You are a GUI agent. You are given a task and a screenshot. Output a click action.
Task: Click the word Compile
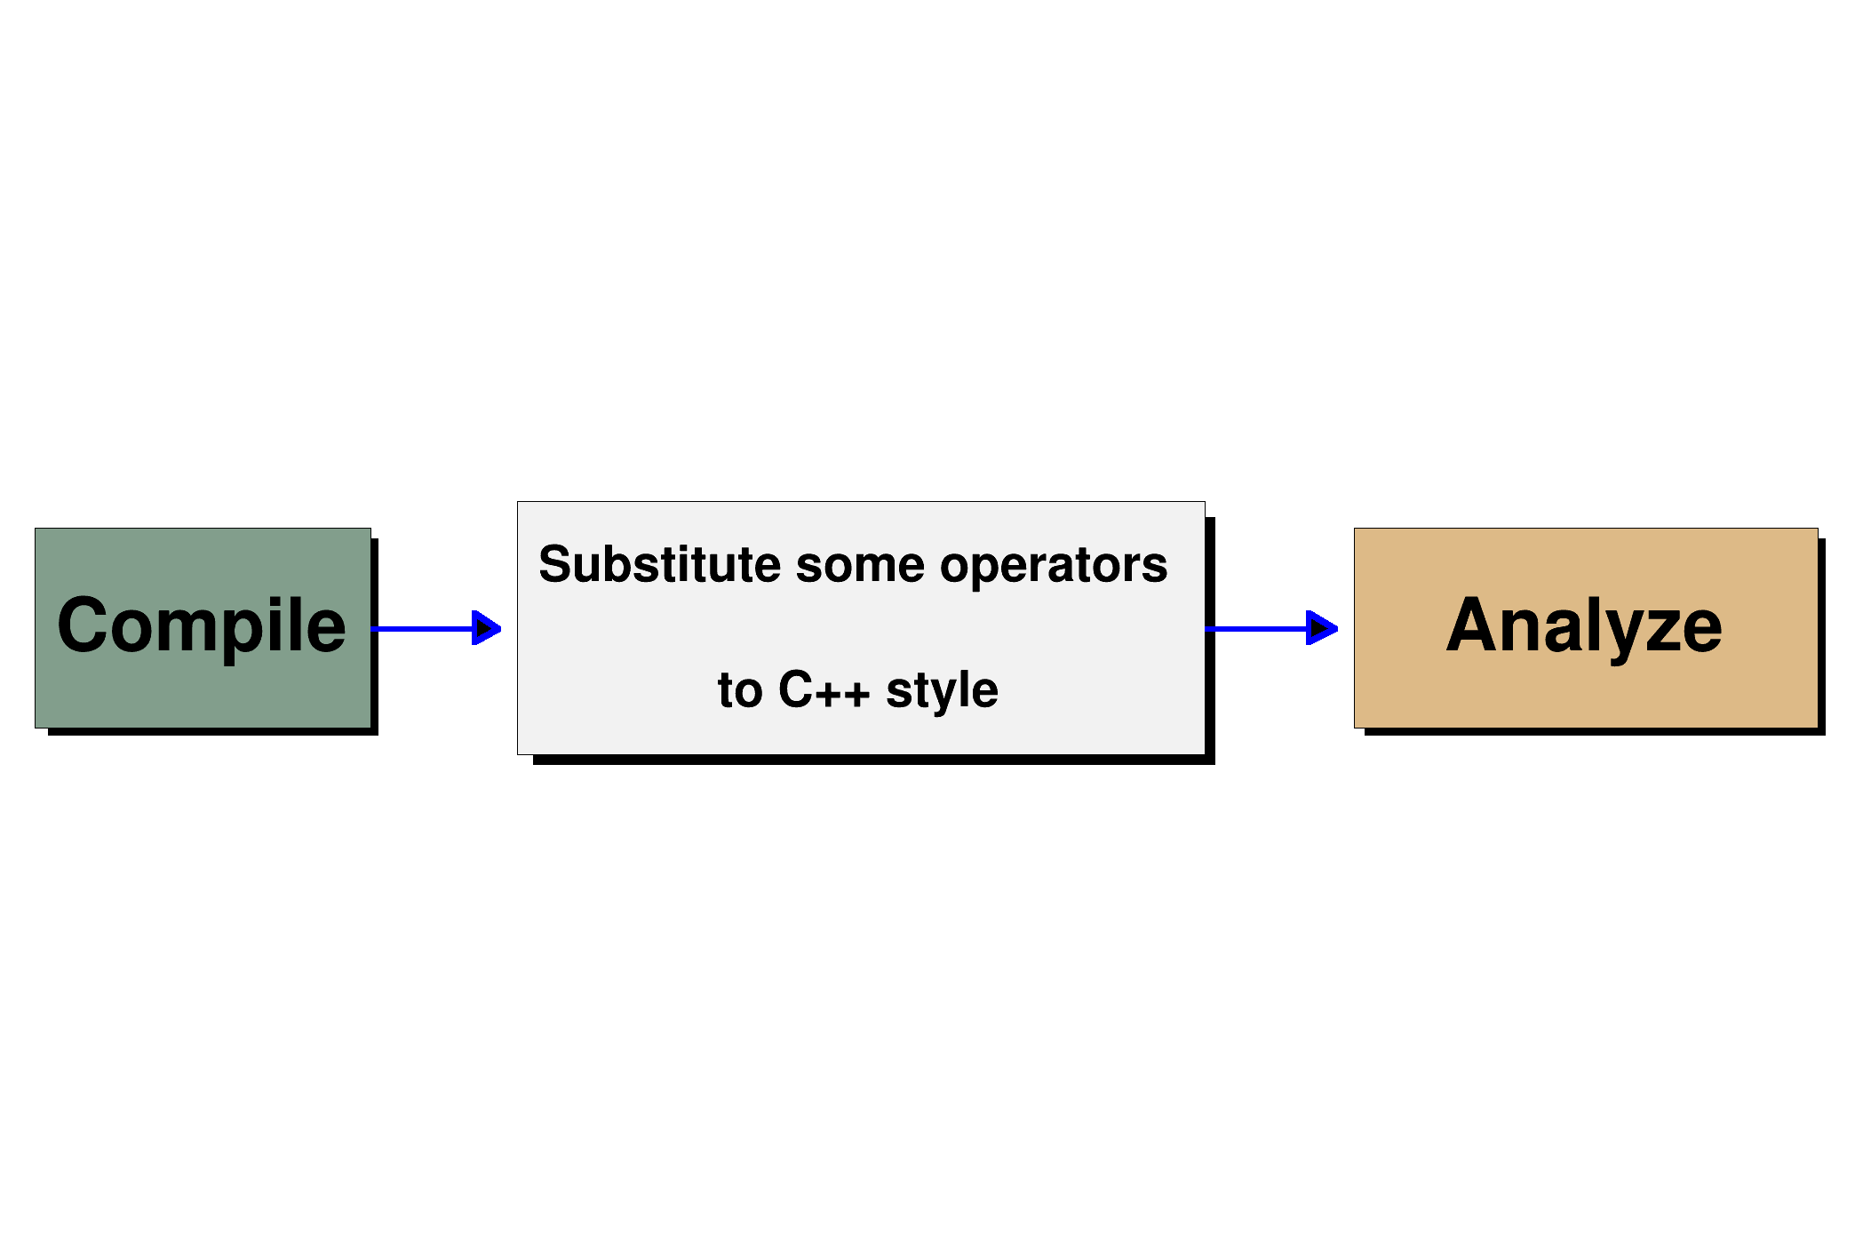[x=202, y=626]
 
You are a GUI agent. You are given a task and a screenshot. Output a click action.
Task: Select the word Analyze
[x=1584, y=626]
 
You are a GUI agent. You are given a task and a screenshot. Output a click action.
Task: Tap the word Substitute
[x=659, y=565]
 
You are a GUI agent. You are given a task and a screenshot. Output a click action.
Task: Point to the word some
[x=860, y=566]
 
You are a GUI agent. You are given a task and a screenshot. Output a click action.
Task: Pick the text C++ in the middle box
[x=824, y=690]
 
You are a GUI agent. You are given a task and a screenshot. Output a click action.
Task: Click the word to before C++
[x=740, y=690]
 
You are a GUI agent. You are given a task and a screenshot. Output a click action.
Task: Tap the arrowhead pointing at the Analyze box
[x=1322, y=628]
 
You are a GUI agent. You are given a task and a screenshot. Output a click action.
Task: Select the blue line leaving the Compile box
[x=422, y=629]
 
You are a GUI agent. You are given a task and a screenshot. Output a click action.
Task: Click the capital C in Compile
[x=84, y=625]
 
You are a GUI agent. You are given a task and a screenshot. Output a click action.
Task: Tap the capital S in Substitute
[x=556, y=564]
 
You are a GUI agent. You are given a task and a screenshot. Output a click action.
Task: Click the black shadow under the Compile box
[x=213, y=732]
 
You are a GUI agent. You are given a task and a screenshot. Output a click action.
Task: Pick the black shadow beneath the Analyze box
[x=1595, y=732]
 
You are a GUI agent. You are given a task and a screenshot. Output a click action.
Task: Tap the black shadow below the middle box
[x=874, y=760]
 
